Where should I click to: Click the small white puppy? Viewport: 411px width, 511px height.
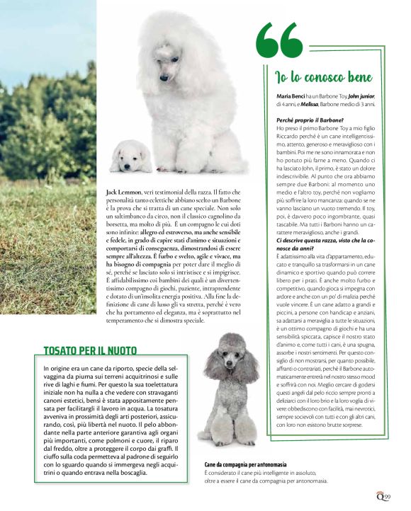130,156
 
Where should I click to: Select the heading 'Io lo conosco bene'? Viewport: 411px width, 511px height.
324,76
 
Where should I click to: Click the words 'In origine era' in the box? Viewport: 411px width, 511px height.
63,369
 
